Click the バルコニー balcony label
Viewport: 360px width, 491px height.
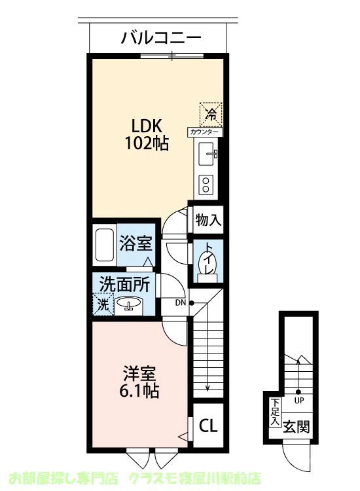160,37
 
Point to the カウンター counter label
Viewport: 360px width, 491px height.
205,132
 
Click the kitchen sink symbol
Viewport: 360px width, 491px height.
209,155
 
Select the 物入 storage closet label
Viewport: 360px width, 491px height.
208,221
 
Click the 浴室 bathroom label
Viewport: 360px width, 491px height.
136,244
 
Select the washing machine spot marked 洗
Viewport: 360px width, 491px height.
103,304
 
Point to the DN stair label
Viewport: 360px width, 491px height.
181,302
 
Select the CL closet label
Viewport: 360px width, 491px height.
207,427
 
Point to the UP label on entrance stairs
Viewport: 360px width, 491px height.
298,399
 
